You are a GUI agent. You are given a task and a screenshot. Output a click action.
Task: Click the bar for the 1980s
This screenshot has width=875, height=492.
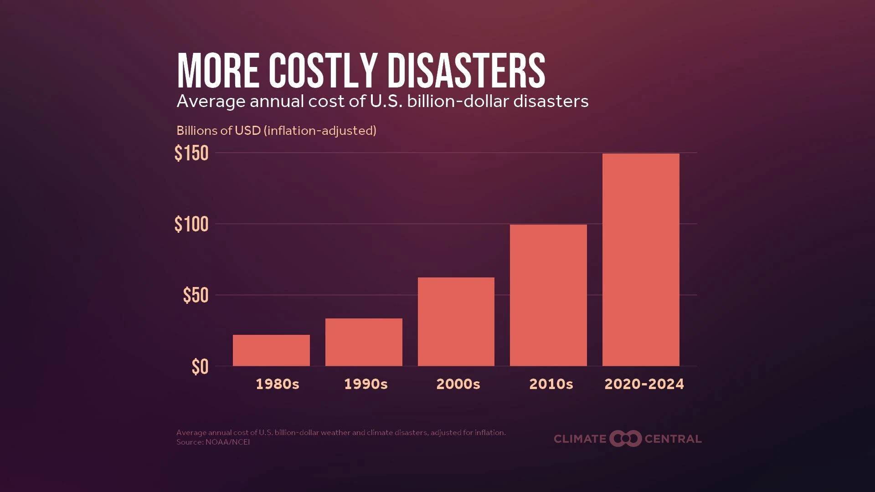coord(271,350)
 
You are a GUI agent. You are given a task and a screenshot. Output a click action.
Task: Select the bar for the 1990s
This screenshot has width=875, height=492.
coord(364,342)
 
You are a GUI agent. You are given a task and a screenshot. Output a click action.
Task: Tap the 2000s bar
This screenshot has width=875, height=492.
coord(456,322)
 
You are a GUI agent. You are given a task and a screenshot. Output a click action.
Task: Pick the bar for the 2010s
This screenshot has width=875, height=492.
coord(548,295)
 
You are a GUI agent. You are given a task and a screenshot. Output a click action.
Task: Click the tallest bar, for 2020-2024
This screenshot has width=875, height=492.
coord(641,260)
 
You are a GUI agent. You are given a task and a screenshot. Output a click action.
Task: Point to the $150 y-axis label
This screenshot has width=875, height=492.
coord(191,154)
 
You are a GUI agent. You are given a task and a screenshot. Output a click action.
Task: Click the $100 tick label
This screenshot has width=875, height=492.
coord(191,225)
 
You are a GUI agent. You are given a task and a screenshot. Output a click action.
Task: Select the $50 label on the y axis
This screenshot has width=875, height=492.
coord(196,296)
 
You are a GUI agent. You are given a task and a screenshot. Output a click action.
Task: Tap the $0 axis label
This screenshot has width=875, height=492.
coord(200,367)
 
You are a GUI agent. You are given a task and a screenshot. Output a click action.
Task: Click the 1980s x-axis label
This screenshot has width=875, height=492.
coord(277,384)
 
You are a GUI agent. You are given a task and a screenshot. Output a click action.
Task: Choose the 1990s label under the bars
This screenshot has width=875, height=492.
coord(365,384)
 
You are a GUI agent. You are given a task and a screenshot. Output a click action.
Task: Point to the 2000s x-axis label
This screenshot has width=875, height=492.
coord(458,384)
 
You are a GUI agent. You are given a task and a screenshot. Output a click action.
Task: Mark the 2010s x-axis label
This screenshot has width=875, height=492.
coord(551,384)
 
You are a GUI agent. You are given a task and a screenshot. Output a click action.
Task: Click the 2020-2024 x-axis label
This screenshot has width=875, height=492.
coord(644,384)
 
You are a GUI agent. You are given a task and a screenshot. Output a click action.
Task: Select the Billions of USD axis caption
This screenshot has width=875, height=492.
coord(276,131)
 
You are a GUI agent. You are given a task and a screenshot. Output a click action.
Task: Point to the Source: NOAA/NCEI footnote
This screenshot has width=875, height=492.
coord(213,442)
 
